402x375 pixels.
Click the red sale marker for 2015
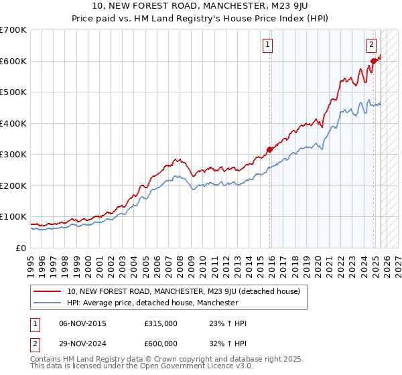(270, 149)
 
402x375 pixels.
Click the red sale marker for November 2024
(374, 62)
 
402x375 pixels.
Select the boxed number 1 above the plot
(267, 45)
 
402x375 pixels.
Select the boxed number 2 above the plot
(371, 45)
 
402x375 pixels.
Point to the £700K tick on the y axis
(13, 30)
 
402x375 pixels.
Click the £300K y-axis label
(13, 155)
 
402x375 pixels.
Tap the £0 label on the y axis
(20, 248)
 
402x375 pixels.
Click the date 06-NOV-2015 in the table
(82, 323)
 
